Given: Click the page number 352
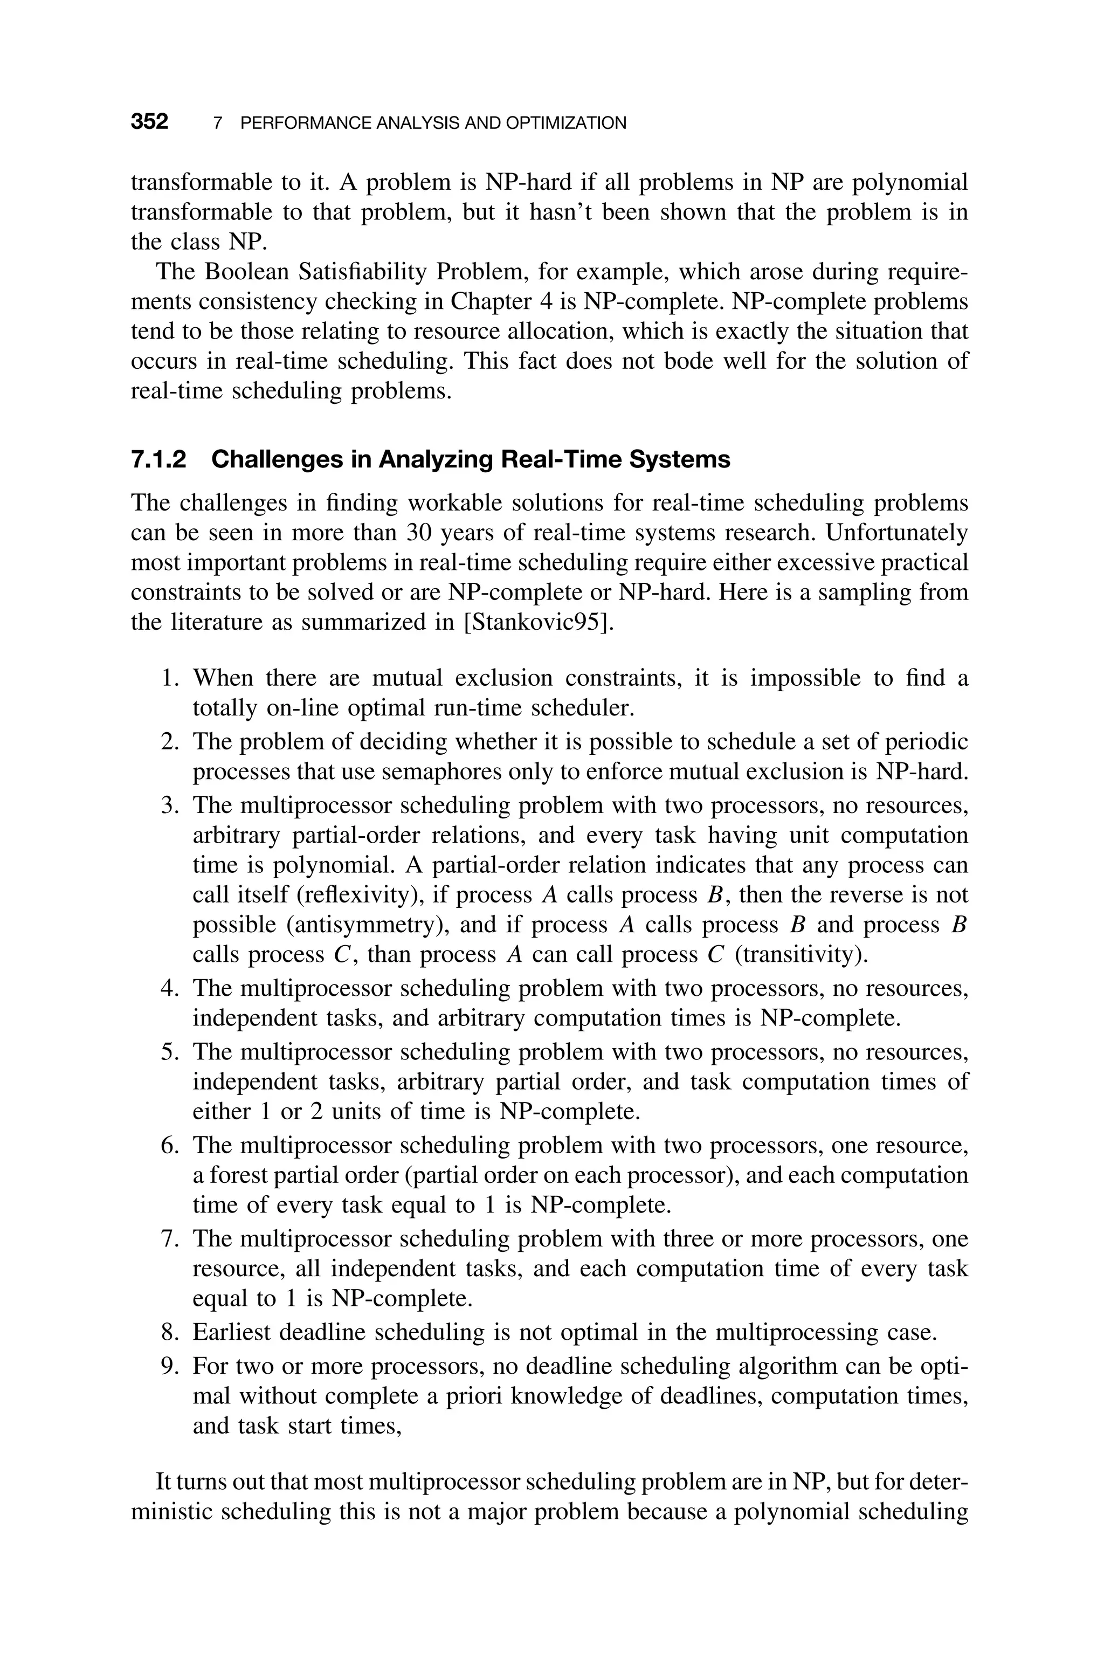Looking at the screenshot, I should tap(149, 122).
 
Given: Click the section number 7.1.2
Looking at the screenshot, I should tap(159, 460).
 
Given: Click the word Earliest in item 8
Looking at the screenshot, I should tap(231, 1333).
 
